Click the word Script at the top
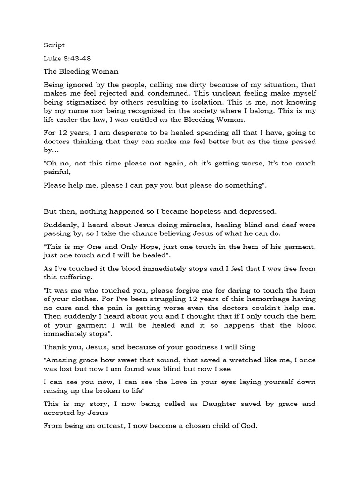pos(54,45)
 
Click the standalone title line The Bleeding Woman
pos(81,72)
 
